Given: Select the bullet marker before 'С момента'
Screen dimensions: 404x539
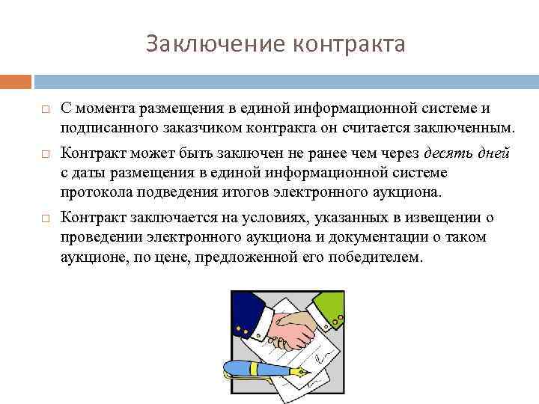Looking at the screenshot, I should (x=45, y=110).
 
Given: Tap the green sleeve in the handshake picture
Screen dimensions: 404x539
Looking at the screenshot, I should (x=326, y=307).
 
